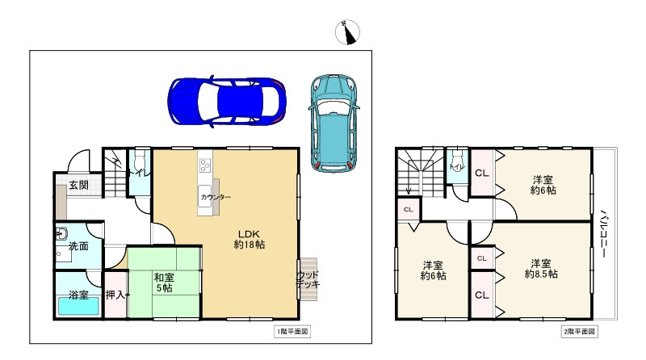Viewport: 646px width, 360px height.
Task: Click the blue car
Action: pos(228,102)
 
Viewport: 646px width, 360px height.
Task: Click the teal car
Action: pos(333,123)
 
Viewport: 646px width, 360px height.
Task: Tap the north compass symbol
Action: pos(348,32)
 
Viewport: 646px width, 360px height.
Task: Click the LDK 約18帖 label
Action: pos(250,239)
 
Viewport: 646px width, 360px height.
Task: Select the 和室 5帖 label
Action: pos(164,283)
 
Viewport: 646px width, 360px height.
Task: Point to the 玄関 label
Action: pos(78,185)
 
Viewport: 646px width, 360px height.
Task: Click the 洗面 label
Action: pos(78,246)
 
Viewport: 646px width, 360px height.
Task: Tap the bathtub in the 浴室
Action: pos(78,307)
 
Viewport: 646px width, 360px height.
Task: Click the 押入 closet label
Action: pos(115,295)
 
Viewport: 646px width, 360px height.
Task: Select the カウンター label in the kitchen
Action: pos(216,197)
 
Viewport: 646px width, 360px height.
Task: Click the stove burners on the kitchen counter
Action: pos(205,165)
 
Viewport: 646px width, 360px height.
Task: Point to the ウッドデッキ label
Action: pos(308,279)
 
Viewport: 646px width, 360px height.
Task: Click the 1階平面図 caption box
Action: pos(292,331)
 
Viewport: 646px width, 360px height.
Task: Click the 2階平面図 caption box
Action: pos(579,331)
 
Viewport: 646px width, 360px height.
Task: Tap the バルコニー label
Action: pos(603,232)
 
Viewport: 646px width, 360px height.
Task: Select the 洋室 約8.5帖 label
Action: pos(541,269)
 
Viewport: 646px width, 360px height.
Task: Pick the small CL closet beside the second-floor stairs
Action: pos(409,210)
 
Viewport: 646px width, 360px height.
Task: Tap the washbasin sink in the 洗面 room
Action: pos(62,234)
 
